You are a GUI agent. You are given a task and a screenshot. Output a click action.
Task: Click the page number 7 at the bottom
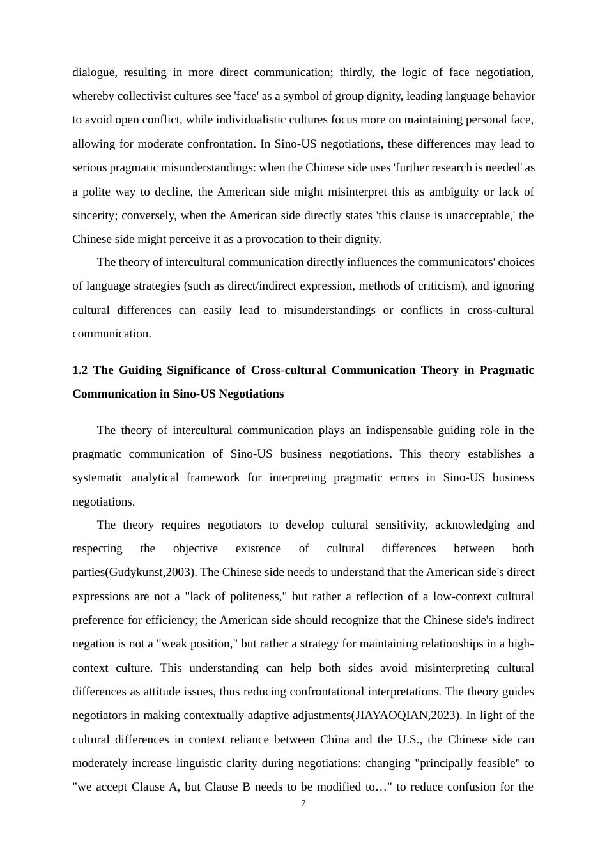pyautogui.click(x=303, y=803)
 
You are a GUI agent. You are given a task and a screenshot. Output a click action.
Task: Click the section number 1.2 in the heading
pyautogui.click(x=80, y=370)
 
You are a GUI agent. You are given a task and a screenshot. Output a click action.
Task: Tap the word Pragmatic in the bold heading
pyautogui.click(x=507, y=370)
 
